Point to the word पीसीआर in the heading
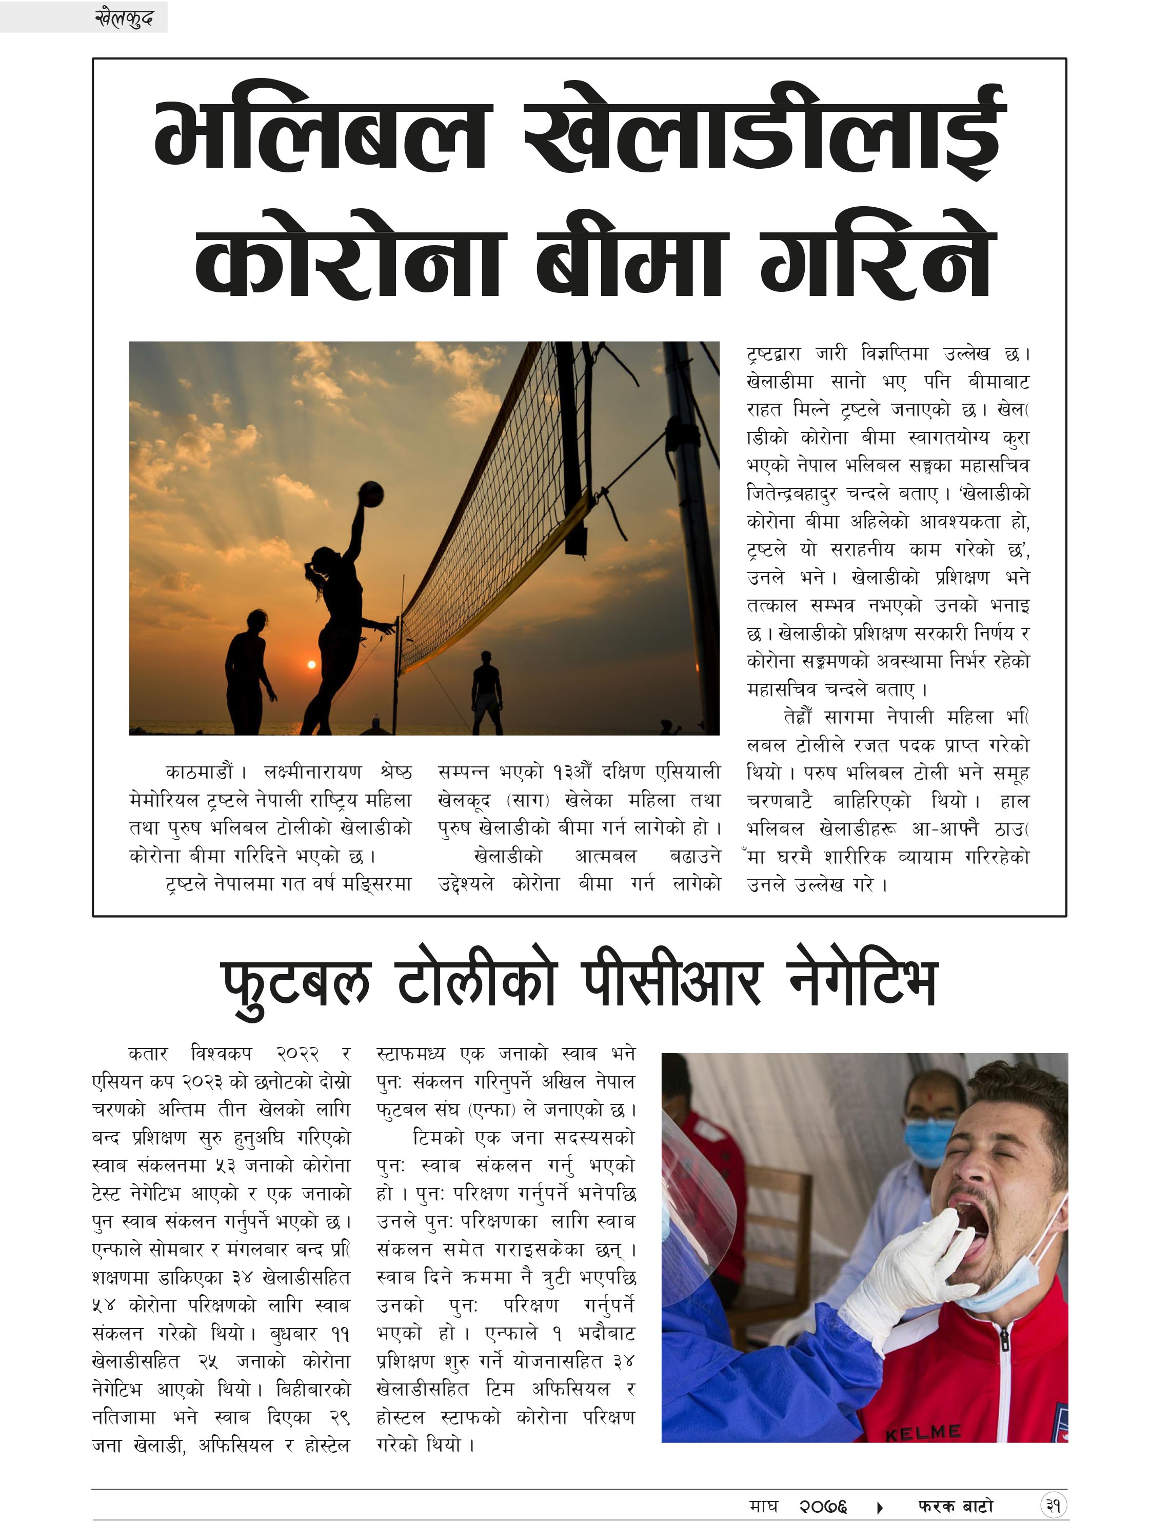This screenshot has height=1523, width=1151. (671, 983)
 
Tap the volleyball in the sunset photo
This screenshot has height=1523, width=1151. (372, 495)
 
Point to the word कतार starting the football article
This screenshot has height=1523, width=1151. (148, 1054)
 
